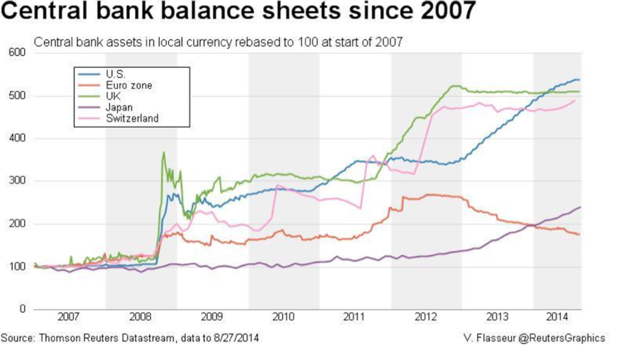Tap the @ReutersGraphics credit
click(565, 339)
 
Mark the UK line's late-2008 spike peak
click(164, 152)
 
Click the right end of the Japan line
click(580, 207)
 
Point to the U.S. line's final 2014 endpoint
click(579, 79)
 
